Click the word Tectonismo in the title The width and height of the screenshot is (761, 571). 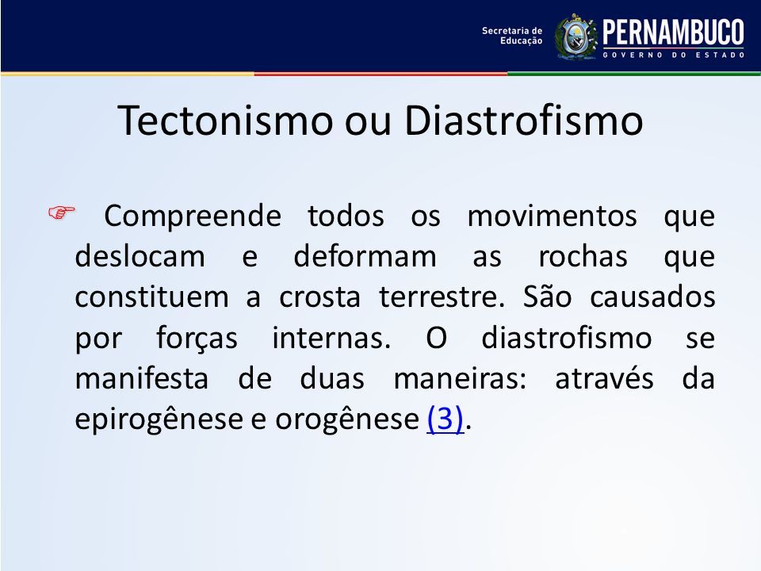[x=225, y=120]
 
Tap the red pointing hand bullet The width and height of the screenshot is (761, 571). [x=62, y=213]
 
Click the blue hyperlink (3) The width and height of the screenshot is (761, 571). [x=445, y=419]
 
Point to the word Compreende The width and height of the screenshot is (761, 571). [x=193, y=217]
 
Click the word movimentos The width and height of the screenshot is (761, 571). [x=552, y=216]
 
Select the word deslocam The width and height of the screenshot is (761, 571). [x=140, y=256]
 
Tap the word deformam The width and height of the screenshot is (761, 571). [x=365, y=256]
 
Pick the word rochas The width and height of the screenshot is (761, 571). [x=583, y=256]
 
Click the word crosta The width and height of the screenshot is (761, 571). [x=319, y=297]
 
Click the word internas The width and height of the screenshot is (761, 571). [x=331, y=338]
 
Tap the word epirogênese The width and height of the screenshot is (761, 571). [x=159, y=419]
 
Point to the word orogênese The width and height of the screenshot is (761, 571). [x=347, y=419]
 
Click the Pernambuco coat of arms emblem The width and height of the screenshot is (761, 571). [x=576, y=36]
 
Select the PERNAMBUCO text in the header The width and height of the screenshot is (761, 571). [x=674, y=32]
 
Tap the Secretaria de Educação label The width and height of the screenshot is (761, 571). [x=512, y=36]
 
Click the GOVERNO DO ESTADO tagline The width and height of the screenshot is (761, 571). [x=674, y=55]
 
